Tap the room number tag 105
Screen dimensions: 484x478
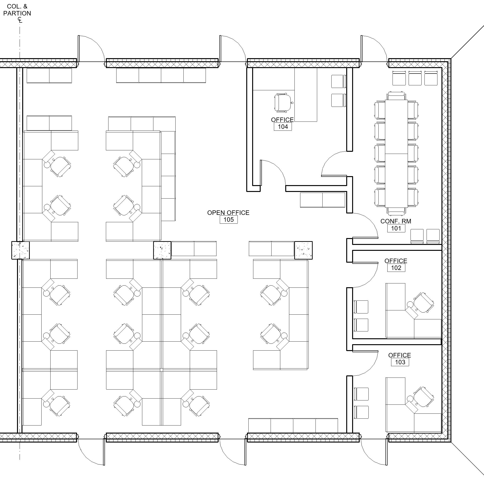click(229, 220)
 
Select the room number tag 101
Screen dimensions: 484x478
click(396, 228)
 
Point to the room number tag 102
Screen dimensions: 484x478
click(396, 268)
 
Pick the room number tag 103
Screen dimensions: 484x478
click(400, 362)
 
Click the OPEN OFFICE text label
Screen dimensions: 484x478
click(228, 213)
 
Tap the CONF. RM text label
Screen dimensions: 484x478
click(396, 221)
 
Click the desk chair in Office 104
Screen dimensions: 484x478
click(283, 102)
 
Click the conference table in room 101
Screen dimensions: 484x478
click(396, 154)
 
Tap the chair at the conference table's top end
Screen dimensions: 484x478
click(396, 96)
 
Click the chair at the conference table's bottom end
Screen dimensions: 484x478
click(396, 212)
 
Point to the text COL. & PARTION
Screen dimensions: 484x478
click(17, 10)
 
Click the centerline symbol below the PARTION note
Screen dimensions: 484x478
click(20, 20)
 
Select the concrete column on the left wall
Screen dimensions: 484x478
click(21, 250)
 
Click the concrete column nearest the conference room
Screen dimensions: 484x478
click(303, 250)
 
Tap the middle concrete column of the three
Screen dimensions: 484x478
click(162, 250)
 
